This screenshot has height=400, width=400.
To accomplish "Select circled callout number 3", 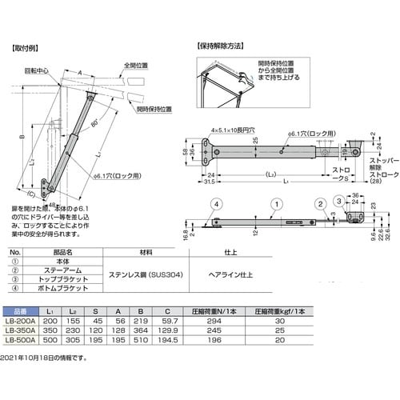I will pos(339,200).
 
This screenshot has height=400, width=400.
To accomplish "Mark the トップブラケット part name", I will pos(74,280).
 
